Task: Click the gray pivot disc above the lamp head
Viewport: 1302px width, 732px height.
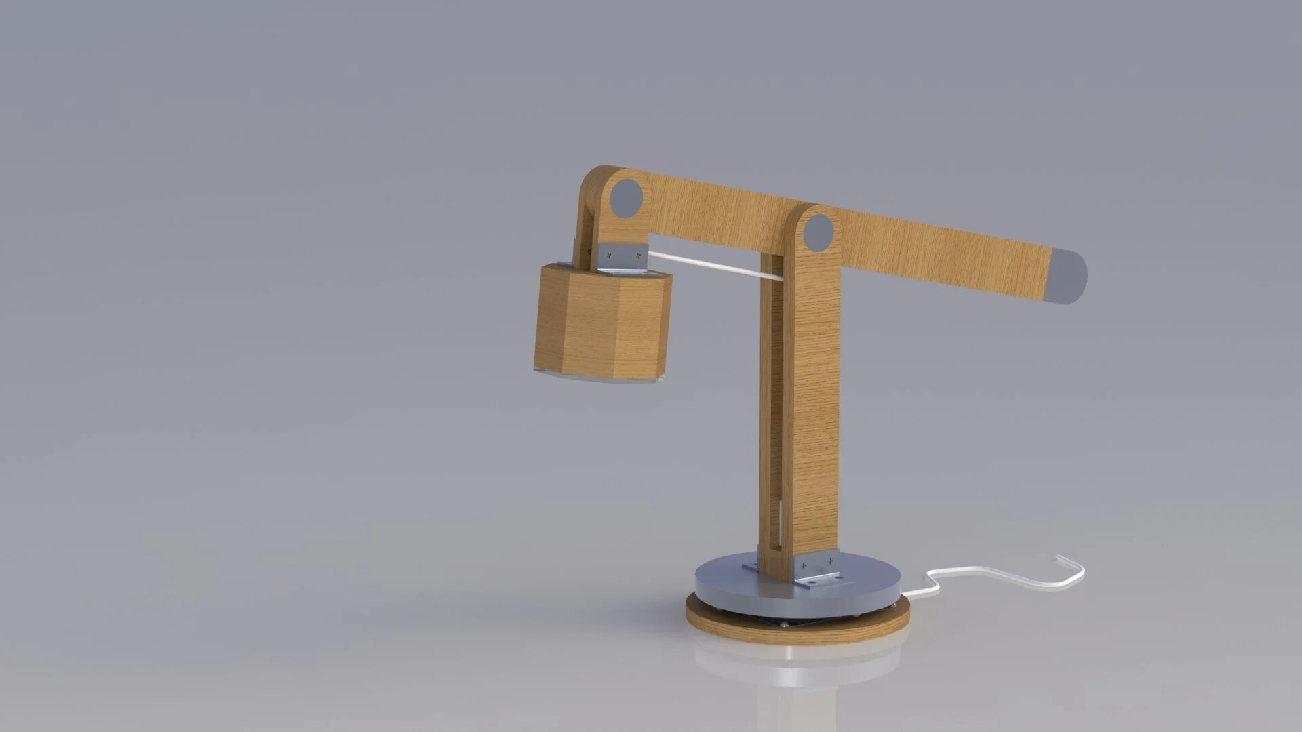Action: pos(625,199)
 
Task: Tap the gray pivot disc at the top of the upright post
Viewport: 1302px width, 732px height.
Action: pos(818,233)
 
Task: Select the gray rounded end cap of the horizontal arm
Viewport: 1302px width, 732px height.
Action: pos(1069,277)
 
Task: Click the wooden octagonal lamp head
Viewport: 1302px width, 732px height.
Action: pos(600,322)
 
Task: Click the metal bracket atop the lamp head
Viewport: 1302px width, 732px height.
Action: pos(623,258)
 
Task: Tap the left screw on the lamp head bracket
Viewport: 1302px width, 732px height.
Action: pos(610,256)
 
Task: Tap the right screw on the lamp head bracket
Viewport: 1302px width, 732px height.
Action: pos(637,256)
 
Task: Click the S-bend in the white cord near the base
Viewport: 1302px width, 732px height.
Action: pos(934,580)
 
